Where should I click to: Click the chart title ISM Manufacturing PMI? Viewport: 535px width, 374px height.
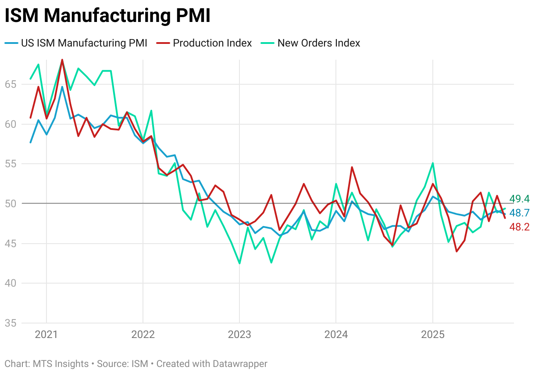107,16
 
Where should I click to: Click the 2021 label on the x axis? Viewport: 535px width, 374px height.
46,335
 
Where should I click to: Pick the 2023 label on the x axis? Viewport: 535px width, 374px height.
239,335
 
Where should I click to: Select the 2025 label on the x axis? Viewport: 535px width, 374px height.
433,335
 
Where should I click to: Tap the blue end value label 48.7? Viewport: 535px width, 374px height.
519,213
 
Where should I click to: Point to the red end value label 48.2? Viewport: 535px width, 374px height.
519,227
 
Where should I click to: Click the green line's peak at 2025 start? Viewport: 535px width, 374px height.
433,163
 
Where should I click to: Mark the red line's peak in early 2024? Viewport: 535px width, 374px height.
352,167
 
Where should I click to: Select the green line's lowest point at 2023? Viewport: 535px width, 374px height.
239,263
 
